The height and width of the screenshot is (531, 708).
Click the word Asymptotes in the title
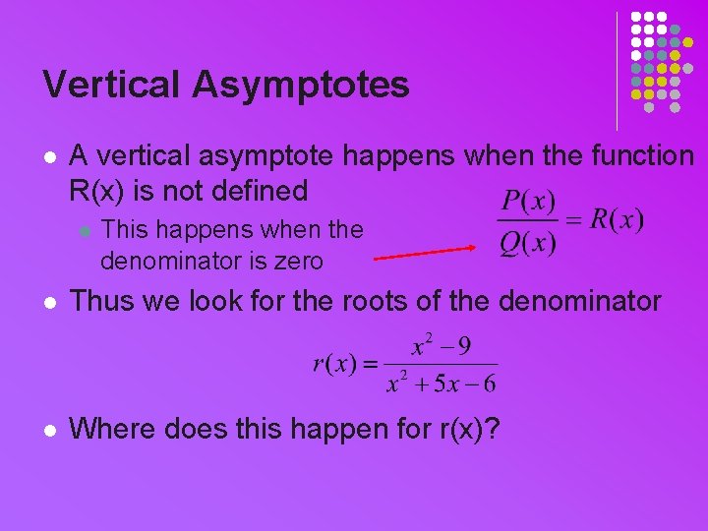[301, 87]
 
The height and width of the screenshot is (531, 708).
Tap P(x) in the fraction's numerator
[528, 204]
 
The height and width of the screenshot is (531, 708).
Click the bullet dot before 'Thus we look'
[50, 301]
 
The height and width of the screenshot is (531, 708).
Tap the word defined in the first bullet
[260, 190]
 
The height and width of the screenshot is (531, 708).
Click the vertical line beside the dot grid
[617, 71]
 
